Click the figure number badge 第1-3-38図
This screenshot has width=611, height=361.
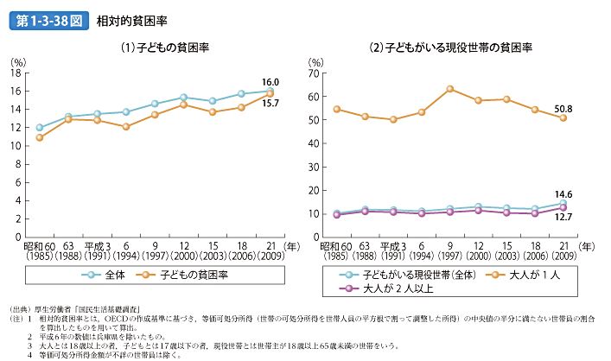(48, 22)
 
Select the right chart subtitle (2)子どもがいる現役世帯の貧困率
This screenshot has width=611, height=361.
(449, 49)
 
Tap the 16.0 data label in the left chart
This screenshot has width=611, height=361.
(270, 79)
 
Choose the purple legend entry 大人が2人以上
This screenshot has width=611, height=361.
(393, 288)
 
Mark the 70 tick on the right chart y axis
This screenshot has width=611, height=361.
(316, 73)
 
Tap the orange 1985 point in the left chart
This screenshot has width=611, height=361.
(40, 137)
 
